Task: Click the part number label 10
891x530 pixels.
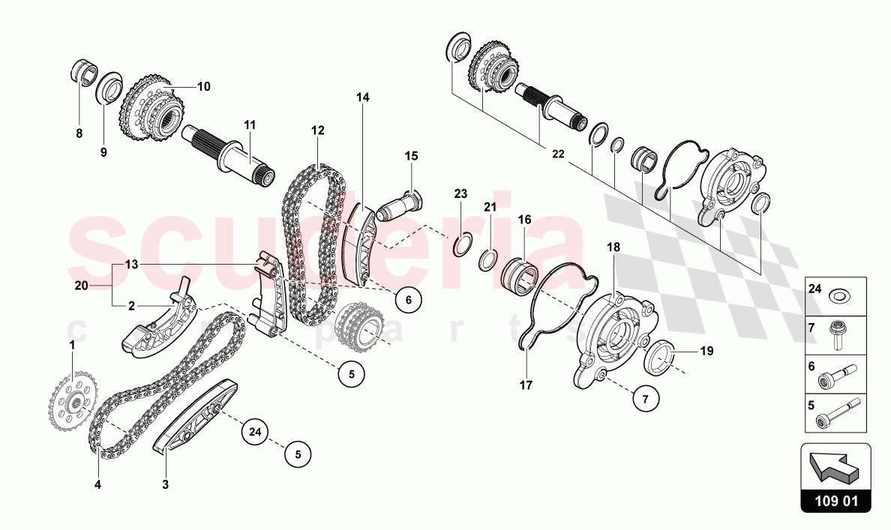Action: coord(203,86)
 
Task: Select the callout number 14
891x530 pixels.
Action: coord(363,97)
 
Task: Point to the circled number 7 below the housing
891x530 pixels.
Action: coord(644,400)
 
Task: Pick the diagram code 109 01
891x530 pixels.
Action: coord(835,502)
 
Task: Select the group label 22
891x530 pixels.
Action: coord(558,154)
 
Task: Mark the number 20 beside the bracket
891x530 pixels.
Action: coord(81,285)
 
